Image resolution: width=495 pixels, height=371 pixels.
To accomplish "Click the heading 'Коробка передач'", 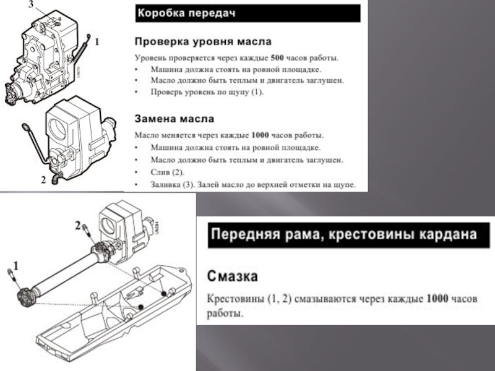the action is [186, 12].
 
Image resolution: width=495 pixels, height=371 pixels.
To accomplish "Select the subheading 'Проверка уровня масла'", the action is [203, 42].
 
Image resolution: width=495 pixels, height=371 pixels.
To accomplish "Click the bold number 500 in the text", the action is [281, 59].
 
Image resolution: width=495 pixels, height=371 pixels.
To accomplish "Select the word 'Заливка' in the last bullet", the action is [166, 184].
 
